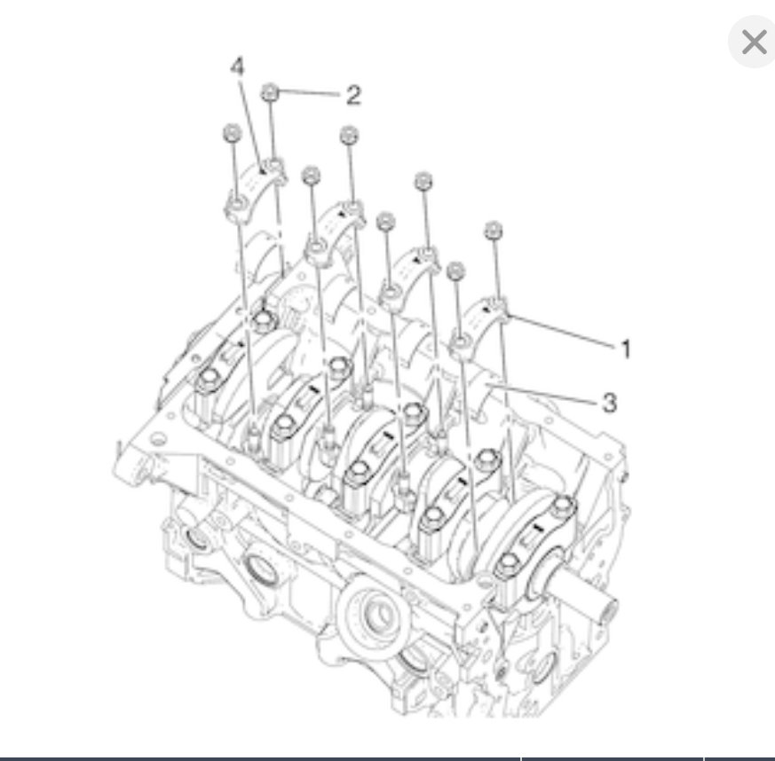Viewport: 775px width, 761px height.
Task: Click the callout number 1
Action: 625,349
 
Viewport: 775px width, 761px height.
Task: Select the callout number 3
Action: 608,403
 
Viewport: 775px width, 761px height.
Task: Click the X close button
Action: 753,42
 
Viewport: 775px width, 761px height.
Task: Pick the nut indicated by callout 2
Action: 272,92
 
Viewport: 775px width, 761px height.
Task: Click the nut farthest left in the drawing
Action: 229,133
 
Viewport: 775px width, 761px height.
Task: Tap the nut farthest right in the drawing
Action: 494,231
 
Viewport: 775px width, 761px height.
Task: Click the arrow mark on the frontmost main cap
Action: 535,532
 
